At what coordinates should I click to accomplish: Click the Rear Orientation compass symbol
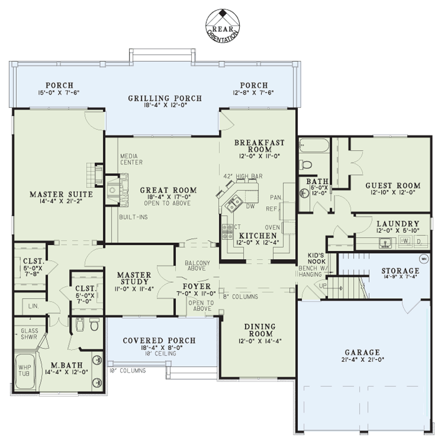pos(222,24)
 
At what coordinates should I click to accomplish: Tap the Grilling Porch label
pos(165,98)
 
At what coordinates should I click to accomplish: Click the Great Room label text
pos(168,191)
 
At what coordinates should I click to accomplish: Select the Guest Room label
pos(392,185)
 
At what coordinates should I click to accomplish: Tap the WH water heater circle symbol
pos(424,258)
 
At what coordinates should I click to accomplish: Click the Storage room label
pos(400,271)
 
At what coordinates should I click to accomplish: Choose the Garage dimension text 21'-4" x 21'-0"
pos(363,360)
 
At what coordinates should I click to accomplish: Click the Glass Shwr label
pos(29,333)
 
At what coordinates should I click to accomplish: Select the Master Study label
pos(134,278)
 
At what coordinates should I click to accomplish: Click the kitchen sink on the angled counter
pos(233,201)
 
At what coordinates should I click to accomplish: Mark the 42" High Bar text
pos(242,176)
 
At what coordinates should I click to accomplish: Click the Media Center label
pos(131,159)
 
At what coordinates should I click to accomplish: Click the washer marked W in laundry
pos(404,241)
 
